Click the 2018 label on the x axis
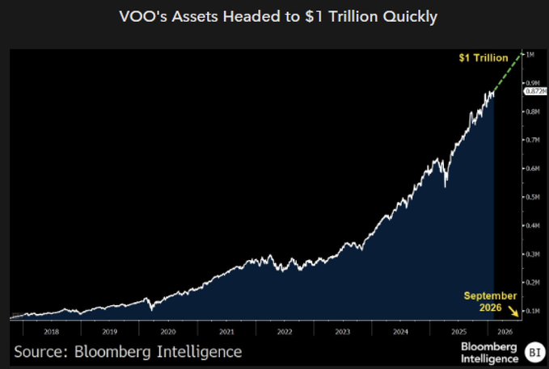click(53, 330)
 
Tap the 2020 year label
click(168, 330)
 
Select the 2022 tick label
click(285, 330)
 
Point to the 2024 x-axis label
click(400, 330)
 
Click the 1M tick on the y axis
click(530, 54)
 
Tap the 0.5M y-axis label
click(533, 196)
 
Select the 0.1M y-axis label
click(533, 311)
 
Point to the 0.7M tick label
click(533, 140)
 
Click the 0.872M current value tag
click(534, 91)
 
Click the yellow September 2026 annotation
click(490, 302)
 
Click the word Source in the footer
click(41, 351)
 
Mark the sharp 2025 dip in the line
click(446, 187)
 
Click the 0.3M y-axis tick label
click(533, 254)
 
